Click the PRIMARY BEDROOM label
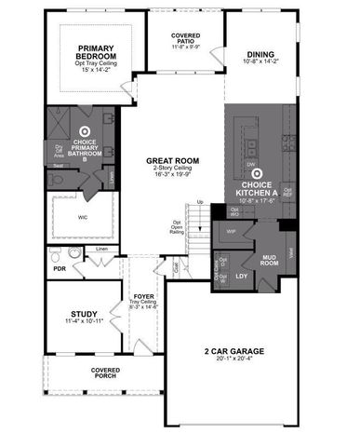95,51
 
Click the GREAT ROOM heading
168,161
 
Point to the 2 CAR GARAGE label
234,351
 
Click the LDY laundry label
242,277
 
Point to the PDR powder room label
59,268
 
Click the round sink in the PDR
74,252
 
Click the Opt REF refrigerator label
287,193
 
